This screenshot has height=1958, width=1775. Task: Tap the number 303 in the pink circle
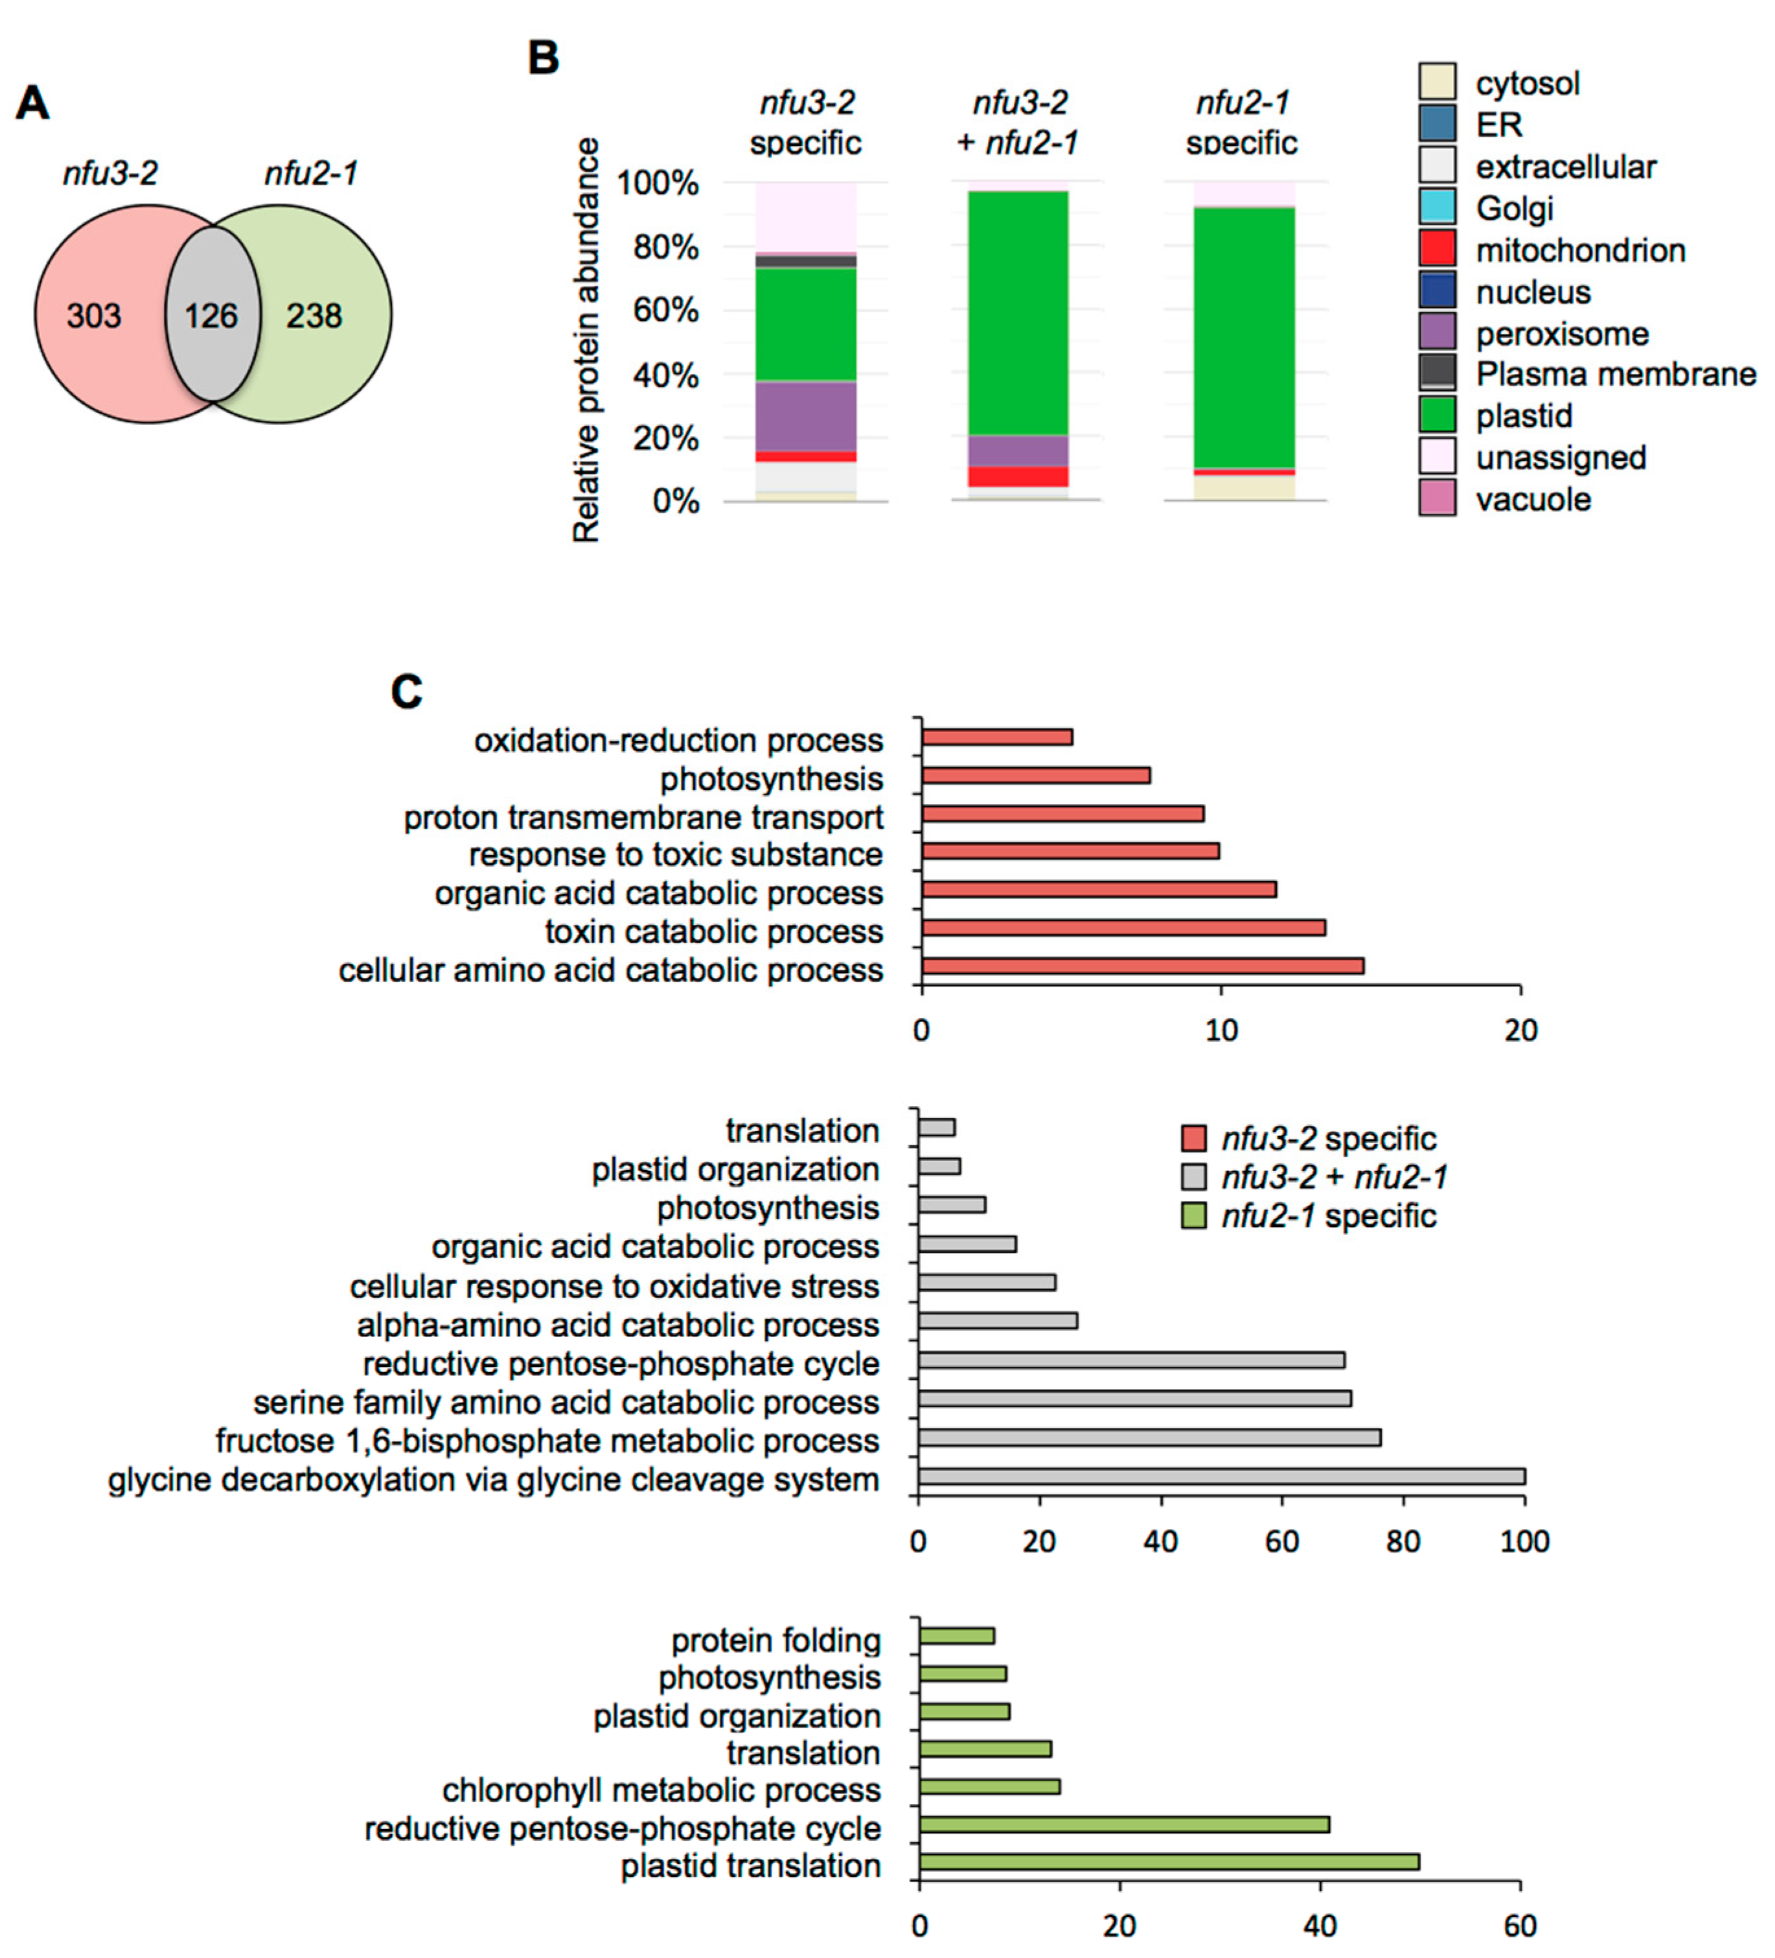(x=93, y=316)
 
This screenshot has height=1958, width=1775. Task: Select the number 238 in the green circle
(x=314, y=316)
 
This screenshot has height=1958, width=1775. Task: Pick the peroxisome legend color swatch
(x=1436, y=332)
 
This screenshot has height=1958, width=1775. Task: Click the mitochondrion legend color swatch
(x=1436, y=249)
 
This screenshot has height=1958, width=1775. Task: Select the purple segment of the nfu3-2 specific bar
(x=806, y=415)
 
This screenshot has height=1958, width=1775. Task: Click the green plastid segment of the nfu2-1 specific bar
(x=1244, y=337)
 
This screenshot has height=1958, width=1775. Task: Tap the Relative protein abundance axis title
(x=586, y=340)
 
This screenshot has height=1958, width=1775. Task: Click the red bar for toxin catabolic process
(x=1123, y=927)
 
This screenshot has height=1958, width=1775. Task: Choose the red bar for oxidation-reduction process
(x=997, y=737)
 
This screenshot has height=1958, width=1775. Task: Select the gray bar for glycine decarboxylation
(x=1222, y=1476)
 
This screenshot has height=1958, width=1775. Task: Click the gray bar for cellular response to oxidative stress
(x=987, y=1282)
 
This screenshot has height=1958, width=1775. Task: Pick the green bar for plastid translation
(x=1169, y=1862)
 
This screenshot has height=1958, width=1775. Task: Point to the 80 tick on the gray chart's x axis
(x=1403, y=1541)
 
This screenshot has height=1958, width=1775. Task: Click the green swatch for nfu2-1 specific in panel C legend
(x=1193, y=1215)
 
